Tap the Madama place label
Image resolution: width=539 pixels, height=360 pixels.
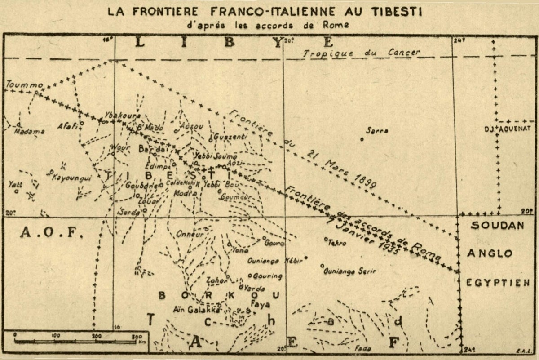pos(30,132)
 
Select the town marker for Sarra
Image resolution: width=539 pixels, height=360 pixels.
pos(362,139)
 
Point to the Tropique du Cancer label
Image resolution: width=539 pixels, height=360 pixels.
pos(362,53)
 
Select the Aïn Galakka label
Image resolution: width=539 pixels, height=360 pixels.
pos(197,309)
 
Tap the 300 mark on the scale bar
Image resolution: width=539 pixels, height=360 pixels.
pos(137,336)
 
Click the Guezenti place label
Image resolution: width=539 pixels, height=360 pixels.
pos(230,136)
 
